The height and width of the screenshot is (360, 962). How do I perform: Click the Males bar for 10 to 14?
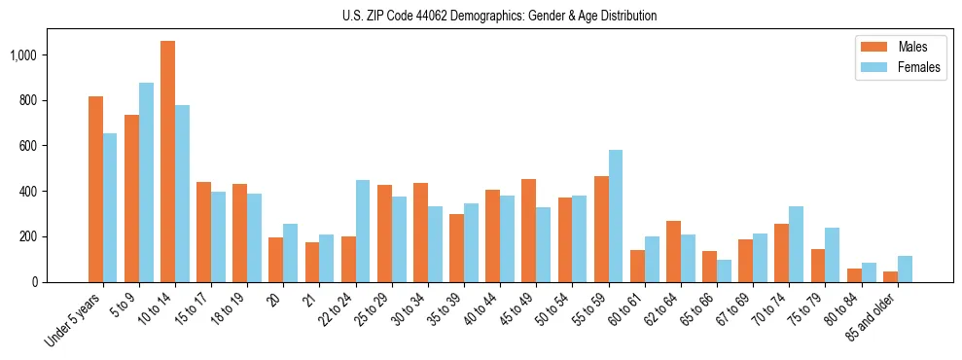(167, 162)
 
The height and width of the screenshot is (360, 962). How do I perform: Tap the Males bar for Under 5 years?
(95, 189)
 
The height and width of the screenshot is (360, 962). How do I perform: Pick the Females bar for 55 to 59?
(616, 216)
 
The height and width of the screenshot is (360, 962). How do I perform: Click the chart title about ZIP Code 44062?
(499, 16)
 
